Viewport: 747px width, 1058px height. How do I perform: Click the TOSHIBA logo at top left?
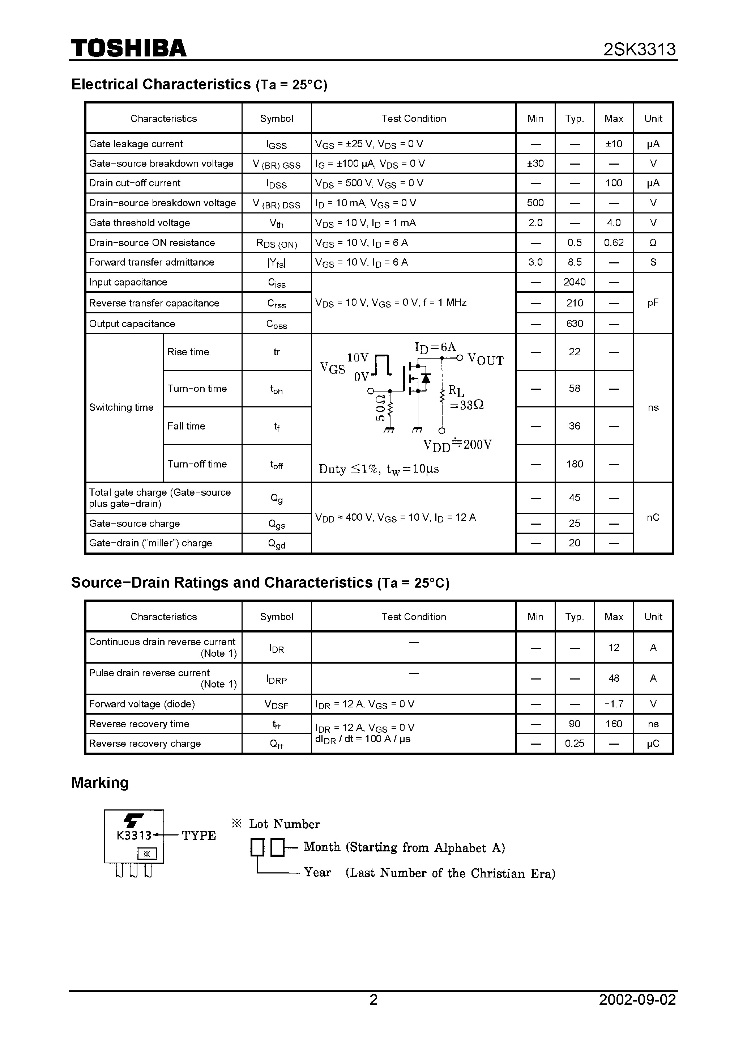[x=128, y=48]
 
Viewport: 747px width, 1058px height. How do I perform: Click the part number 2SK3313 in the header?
[x=639, y=49]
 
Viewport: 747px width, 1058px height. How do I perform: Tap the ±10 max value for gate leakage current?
[x=614, y=144]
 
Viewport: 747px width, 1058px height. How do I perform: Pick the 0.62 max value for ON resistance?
[x=614, y=242]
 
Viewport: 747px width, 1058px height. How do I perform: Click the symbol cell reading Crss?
[x=276, y=303]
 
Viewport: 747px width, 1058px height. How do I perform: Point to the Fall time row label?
[x=186, y=426]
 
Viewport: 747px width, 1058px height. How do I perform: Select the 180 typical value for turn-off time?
[x=574, y=464]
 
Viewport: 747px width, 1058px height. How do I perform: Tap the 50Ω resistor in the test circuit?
[x=390, y=407]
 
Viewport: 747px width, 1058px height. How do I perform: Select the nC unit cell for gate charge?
[x=653, y=517]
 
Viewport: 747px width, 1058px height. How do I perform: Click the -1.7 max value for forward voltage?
[x=614, y=704]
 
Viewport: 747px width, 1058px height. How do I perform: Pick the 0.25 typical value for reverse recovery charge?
[x=574, y=743]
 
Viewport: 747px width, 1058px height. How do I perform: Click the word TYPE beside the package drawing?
[x=199, y=835]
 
